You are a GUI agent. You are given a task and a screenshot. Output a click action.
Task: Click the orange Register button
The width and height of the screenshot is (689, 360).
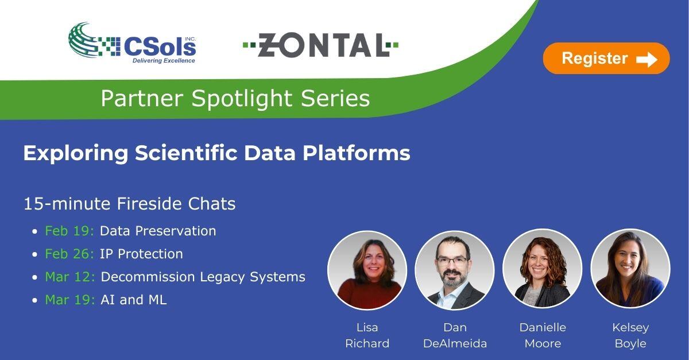[606, 59]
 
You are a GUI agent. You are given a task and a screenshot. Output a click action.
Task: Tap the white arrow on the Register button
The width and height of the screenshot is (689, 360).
[647, 59]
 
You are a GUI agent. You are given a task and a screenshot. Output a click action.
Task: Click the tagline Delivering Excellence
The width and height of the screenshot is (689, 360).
[164, 60]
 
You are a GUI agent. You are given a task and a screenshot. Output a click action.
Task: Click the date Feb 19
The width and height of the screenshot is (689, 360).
[69, 231]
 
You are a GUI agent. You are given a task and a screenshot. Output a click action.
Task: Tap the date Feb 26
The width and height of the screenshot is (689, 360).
[69, 254]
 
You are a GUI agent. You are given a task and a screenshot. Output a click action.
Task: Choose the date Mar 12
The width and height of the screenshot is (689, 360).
[70, 277]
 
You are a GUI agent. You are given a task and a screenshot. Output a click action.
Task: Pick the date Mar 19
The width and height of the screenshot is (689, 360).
[70, 300]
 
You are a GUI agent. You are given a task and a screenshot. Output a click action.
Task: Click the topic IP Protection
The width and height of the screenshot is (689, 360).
[141, 254]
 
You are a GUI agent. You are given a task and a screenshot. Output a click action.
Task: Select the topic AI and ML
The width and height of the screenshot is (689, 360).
[133, 300]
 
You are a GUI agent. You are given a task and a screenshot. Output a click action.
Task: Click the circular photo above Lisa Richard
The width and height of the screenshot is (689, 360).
[367, 270]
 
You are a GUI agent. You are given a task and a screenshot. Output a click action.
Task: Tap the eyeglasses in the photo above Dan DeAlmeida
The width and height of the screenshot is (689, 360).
[452, 262]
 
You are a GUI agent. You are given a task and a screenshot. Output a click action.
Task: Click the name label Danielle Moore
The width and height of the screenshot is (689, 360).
[543, 335]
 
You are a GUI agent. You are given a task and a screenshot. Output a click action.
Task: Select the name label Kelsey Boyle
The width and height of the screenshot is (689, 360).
[630, 335]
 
